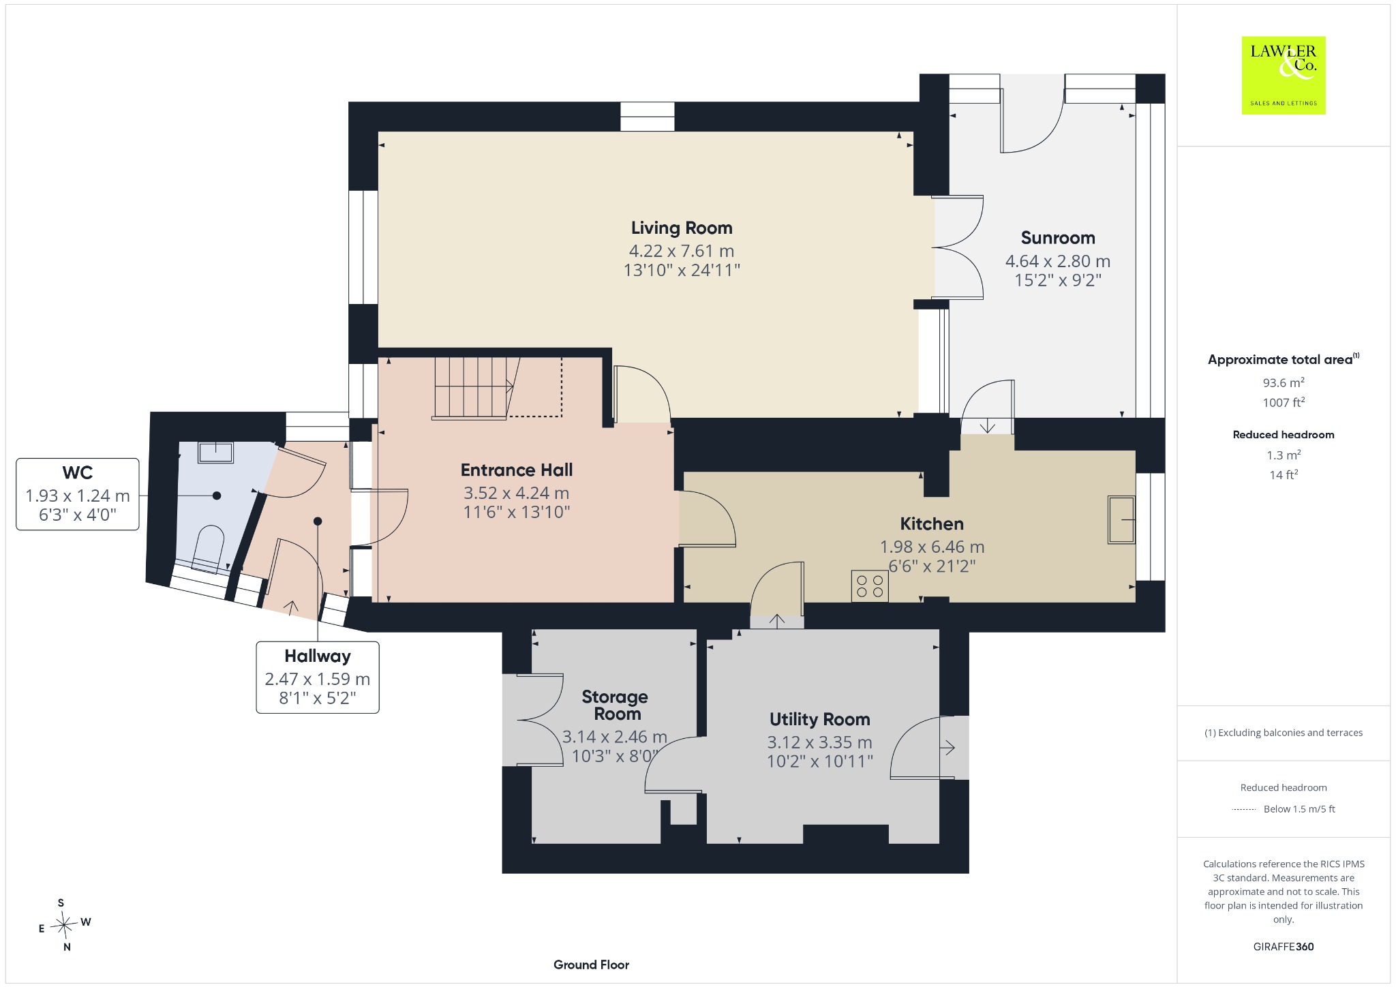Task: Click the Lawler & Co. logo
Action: tap(1284, 75)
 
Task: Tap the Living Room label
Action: tap(682, 228)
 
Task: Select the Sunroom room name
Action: tap(1058, 238)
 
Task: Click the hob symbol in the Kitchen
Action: tap(870, 586)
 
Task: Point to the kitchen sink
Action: tap(1121, 520)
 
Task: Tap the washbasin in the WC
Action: tap(216, 452)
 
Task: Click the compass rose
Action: tap(65, 925)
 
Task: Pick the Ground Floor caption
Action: tap(591, 965)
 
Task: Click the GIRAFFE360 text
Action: tap(1284, 946)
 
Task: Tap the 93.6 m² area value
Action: tap(1284, 382)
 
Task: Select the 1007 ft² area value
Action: tap(1284, 402)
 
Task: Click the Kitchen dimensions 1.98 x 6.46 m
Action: tap(932, 547)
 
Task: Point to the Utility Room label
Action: tap(819, 719)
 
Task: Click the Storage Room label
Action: tap(615, 705)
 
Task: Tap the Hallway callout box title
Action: tap(318, 656)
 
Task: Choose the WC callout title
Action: tap(78, 472)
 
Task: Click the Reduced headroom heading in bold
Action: tap(1284, 434)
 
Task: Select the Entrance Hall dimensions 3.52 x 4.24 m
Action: tap(517, 493)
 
